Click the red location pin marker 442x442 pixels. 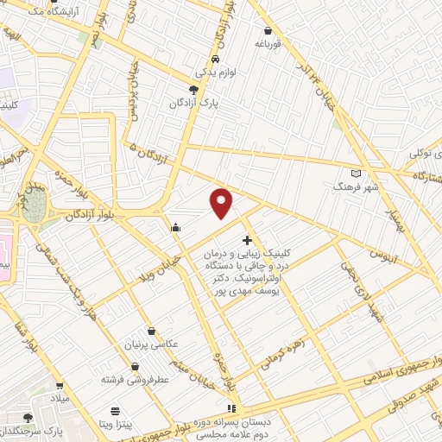point(223,203)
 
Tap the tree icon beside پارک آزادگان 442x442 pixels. point(193,89)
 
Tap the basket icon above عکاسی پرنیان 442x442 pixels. point(153,330)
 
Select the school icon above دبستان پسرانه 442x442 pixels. point(230,407)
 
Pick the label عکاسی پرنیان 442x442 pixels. point(155,344)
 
